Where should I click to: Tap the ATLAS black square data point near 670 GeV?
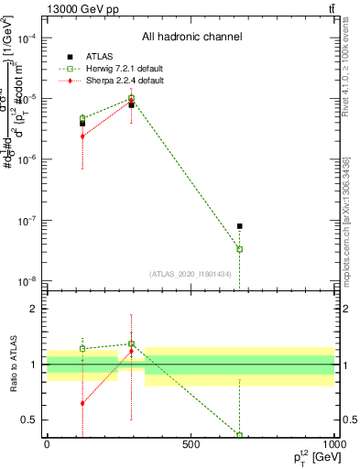coord(239,225)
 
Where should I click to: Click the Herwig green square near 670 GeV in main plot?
coord(239,249)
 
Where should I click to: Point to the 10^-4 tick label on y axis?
coord(27,38)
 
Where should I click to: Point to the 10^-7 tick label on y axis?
coord(27,221)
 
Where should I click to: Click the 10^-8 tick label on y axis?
coord(27,281)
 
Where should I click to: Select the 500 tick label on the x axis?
coord(191,444)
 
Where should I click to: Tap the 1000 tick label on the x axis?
coord(333,444)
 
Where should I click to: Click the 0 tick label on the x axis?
coord(47,444)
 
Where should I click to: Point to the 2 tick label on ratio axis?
coord(34,309)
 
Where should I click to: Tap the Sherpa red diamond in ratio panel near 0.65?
coord(82,403)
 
